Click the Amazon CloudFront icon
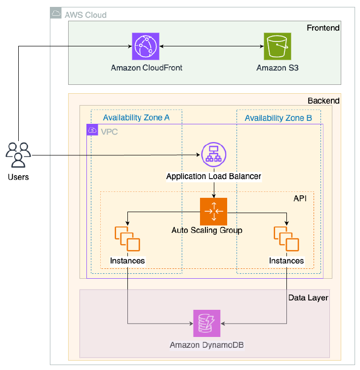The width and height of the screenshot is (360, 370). point(146,46)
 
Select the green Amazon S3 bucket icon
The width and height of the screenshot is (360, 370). point(277,46)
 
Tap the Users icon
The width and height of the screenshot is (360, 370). point(18,155)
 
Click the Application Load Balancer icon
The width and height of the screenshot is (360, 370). point(213,156)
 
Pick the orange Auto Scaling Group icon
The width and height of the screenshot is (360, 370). point(213,211)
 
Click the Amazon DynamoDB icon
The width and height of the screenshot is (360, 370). point(206,324)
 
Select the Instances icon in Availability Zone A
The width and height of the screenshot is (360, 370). point(127,239)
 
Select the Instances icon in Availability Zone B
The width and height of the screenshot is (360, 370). point(286,239)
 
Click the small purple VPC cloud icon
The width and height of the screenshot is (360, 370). point(92,130)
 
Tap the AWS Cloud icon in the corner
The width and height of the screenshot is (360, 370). point(56,14)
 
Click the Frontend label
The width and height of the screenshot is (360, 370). point(323,28)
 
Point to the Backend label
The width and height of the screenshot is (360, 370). point(323,101)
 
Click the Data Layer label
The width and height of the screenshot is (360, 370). point(308,297)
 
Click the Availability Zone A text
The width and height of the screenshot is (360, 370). point(136,118)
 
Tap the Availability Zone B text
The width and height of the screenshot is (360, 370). point(278,118)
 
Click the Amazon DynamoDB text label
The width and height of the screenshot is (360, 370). point(206,345)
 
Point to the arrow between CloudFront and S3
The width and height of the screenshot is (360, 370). point(211,47)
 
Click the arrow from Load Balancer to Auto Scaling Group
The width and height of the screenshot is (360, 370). point(213,189)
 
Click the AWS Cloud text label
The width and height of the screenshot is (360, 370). point(85,15)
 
